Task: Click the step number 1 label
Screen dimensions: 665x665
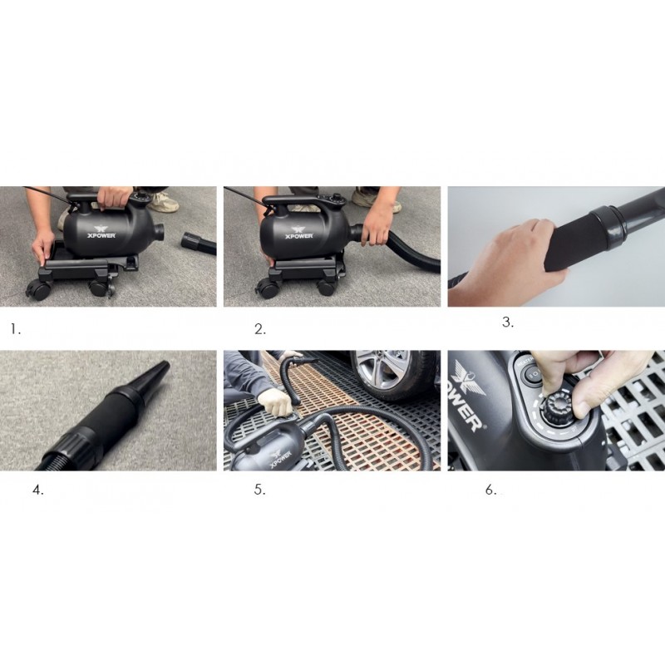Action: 16,329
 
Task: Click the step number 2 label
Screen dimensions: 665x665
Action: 260,329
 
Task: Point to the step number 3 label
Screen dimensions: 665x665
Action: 508,323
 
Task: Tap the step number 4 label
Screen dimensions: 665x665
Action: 38,490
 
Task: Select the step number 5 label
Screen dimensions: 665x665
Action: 259,490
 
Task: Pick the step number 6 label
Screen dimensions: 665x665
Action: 490,490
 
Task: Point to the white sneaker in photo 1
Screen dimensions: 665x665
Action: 164,202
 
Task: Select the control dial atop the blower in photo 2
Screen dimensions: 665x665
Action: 337,197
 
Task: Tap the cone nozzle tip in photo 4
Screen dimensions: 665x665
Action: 165,363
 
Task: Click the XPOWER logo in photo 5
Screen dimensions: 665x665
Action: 278,457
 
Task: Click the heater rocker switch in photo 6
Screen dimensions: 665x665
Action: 532,374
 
